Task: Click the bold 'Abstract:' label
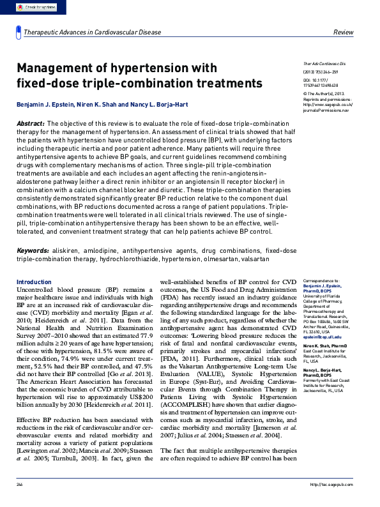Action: click(31, 123)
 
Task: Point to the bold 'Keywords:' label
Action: click(33, 251)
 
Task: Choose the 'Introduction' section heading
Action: click(33, 282)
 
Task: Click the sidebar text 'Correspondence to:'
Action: click(321, 280)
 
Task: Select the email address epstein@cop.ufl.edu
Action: click(323, 337)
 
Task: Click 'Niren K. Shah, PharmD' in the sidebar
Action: click(324, 345)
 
